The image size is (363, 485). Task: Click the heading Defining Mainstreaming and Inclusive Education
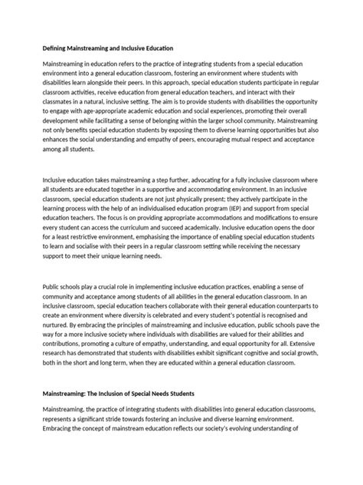click(108, 48)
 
